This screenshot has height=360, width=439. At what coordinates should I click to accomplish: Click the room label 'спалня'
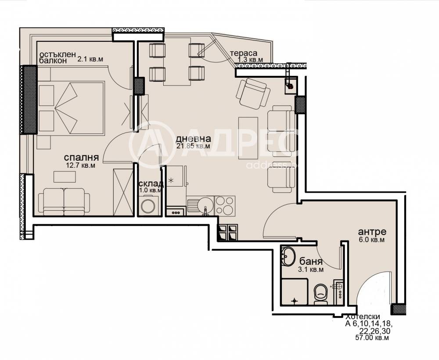click(x=81, y=157)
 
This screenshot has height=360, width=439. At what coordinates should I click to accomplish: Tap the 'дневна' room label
click(x=193, y=139)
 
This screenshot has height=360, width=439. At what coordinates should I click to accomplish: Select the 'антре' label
click(x=372, y=232)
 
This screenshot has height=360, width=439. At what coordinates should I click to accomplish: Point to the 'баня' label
click(x=311, y=262)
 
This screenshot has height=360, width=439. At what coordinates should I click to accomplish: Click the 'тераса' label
click(x=243, y=53)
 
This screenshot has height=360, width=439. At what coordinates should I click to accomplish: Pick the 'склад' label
click(x=151, y=184)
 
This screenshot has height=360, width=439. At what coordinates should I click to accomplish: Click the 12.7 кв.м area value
click(x=80, y=166)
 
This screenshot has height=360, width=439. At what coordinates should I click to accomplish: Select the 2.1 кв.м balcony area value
click(x=90, y=59)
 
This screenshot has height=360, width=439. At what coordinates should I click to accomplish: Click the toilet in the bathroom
click(x=321, y=294)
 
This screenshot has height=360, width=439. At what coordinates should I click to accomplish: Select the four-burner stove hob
click(x=225, y=206)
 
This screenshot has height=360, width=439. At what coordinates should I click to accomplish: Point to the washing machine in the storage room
click(x=148, y=206)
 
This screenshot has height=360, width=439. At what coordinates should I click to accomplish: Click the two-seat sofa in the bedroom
click(x=64, y=202)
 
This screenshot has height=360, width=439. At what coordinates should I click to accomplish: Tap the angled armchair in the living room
click(x=253, y=94)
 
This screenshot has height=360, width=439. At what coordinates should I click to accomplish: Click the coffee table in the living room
click(x=248, y=138)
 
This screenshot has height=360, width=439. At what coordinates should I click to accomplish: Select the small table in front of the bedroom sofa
click(x=65, y=177)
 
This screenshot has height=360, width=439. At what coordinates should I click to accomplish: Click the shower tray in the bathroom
click(x=294, y=292)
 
